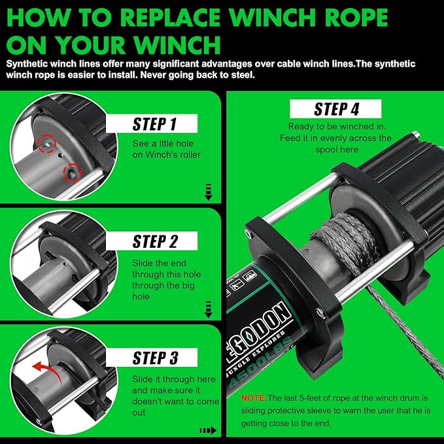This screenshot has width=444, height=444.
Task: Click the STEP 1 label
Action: pos(155,124)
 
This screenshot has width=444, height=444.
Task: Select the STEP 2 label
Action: pos(155,241)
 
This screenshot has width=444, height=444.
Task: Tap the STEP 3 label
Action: pos(155,358)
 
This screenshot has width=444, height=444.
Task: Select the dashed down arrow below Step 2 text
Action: pos(209,307)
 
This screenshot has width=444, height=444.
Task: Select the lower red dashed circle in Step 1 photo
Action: pos(71,172)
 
